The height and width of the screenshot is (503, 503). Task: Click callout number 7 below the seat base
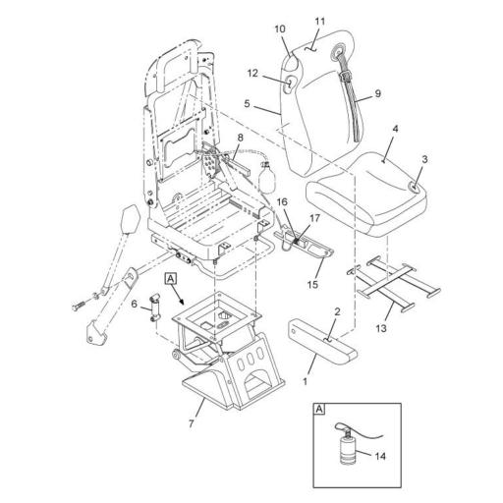[192, 423]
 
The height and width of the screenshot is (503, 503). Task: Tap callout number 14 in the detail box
[380, 456]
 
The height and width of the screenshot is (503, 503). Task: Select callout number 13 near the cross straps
[381, 328]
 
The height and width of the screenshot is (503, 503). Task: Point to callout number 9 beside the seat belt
[378, 93]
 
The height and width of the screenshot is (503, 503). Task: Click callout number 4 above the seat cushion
[395, 129]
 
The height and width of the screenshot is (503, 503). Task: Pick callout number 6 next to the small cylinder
[134, 304]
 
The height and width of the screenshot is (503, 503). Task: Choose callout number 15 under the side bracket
[312, 284]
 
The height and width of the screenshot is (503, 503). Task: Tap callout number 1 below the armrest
[306, 381]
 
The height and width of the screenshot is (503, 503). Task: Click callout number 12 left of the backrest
[252, 73]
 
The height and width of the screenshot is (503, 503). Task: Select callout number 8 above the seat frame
[241, 138]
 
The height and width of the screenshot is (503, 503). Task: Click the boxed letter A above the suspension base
[171, 279]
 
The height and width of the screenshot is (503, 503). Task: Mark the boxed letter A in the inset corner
[319, 409]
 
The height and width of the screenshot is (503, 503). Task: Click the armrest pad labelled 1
[322, 342]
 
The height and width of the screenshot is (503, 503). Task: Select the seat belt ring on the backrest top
[337, 51]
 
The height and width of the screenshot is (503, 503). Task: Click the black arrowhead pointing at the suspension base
[181, 302]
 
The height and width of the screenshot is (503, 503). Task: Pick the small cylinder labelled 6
[154, 308]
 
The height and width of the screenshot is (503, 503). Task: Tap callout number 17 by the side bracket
[314, 218]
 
